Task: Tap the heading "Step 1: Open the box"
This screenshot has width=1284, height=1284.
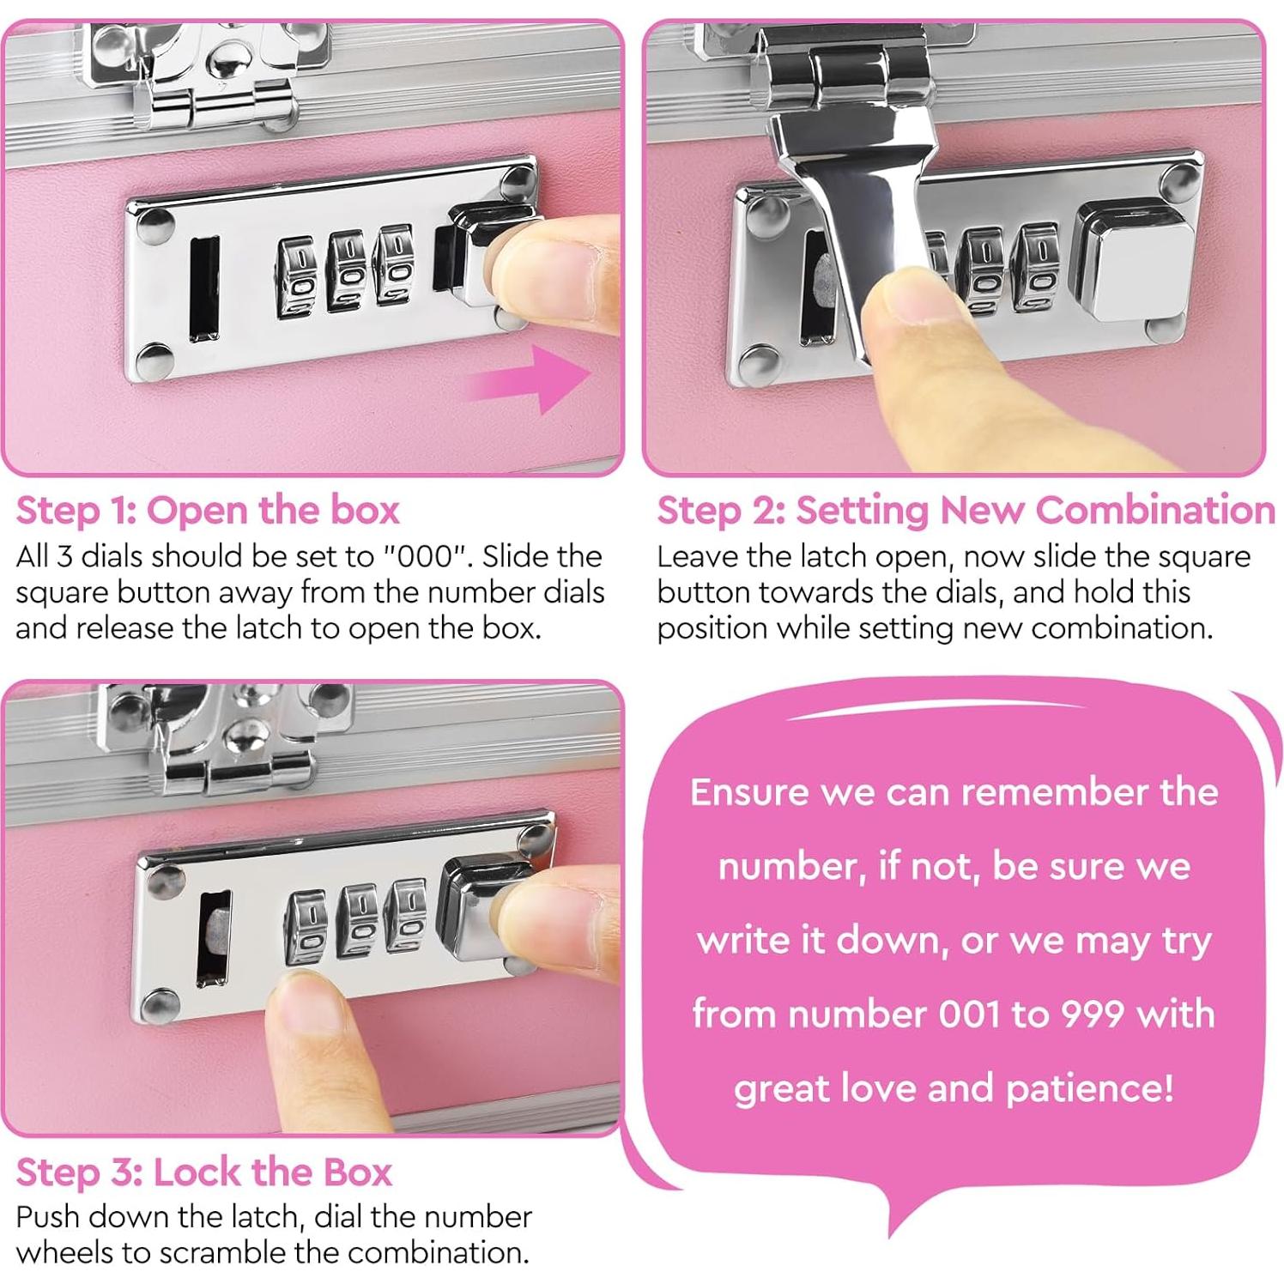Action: (208, 511)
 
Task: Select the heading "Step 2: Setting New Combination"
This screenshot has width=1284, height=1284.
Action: (966, 511)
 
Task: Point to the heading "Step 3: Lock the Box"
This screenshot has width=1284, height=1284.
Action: (204, 1172)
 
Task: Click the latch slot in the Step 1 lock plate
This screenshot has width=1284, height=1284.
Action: (203, 289)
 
